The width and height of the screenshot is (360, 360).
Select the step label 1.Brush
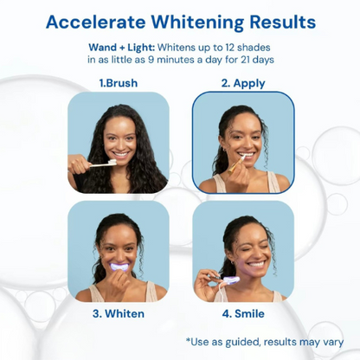coord(118,84)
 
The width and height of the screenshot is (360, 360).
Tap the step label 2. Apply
coord(242,84)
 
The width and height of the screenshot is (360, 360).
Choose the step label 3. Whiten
coord(120,313)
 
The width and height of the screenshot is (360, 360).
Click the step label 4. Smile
coord(243,313)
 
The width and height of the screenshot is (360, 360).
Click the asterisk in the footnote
coord(188,341)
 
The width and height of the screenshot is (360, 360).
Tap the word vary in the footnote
coord(331,342)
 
